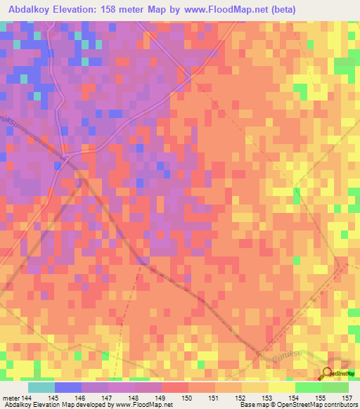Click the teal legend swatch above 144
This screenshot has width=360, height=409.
41,387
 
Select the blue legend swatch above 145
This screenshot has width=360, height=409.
68,387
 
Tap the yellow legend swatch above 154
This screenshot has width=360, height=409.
282,387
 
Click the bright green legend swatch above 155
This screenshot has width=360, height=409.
308,387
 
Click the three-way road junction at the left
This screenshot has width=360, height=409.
64,156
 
